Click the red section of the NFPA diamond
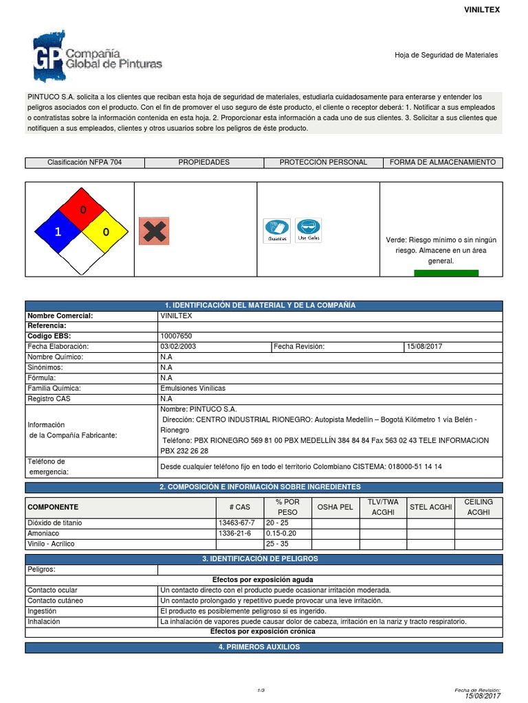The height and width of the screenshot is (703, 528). pyautogui.click(x=82, y=209)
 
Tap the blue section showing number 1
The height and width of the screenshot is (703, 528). pyautogui.click(x=58, y=232)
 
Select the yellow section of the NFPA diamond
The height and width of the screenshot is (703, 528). pyautogui.click(x=106, y=232)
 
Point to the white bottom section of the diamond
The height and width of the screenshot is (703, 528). pyautogui.click(x=82, y=255)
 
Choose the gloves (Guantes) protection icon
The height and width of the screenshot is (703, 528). pyautogui.click(x=276, y=231)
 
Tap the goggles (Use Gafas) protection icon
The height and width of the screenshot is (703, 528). pyautogui.click(x=309, y=231)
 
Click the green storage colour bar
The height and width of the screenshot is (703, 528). pyautogui.click(x=446, y=273)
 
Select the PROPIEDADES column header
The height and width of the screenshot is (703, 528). pyautogui.click(x=203, y=163)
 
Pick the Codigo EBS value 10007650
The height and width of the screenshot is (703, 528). pyautogui.click(x=177, y=336)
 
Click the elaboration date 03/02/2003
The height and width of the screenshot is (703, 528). pyautogui.click(x=178, y=347)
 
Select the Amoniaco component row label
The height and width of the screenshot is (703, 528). pyautogui.click(x=43, y=533)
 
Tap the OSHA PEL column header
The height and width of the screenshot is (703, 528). pyautogui.click(x=335, y=507)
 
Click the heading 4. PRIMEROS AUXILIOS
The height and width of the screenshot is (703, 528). pyautogui.click(x=264, y=647)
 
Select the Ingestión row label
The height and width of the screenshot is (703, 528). pyautogui.click(x=42, y=611)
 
